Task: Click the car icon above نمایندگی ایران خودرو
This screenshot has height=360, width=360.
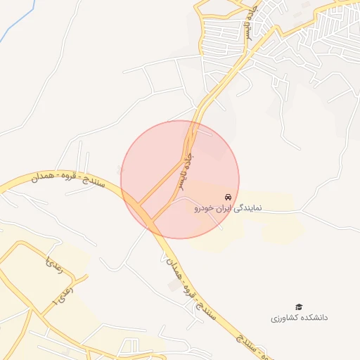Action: [x=227, y=196]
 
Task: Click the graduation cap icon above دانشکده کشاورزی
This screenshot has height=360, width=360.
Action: [x=299, y=307]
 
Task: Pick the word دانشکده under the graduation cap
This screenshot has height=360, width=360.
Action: [x=312, y=318]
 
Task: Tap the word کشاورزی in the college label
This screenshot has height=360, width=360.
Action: [x=284, y=318]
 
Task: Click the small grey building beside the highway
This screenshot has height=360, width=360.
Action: [x=173, y=285]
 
